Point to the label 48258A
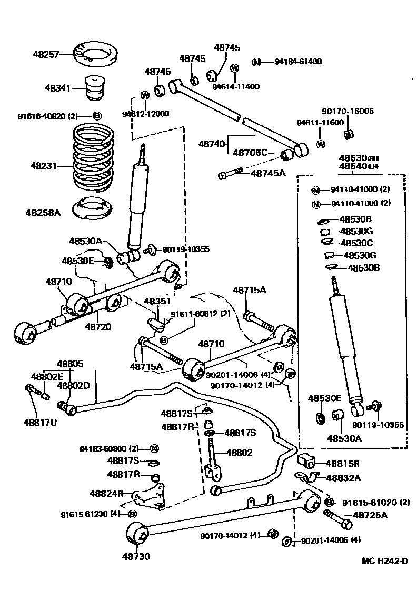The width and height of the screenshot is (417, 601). (x=43, y=213)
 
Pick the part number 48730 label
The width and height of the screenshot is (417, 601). (x=136, y=556)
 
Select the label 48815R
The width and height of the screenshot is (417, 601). (x=342, y=464)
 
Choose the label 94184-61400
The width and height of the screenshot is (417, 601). (x=297, y=62)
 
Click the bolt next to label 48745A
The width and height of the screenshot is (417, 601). (x=230, y=173)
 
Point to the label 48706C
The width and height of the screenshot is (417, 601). (x=250, y=153)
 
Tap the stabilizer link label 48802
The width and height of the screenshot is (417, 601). (x=240, y=452)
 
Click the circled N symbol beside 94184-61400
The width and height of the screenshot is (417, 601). (x=256, y=62)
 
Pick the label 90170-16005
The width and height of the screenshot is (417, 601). (x=347, y=111)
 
